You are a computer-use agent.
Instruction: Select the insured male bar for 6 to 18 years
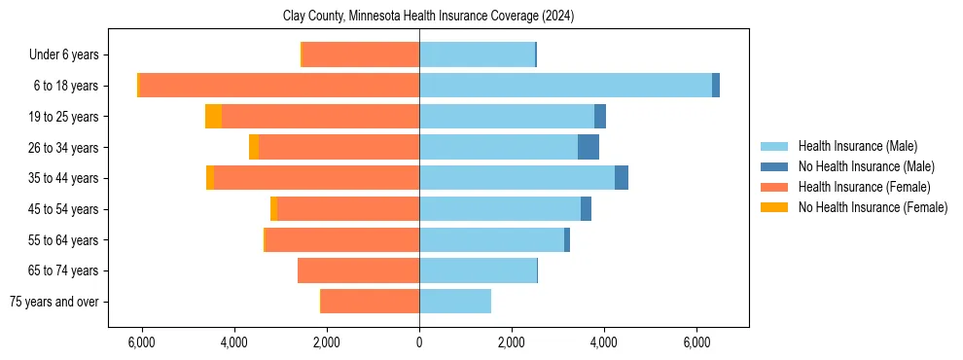[565, 86]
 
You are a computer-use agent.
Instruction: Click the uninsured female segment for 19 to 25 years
[213, 117]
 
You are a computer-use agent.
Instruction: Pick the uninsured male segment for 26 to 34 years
[588, 147]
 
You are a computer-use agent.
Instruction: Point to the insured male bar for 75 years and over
[455, 302]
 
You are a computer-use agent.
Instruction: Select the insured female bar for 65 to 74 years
[358, 270]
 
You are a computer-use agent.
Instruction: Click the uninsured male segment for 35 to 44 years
[622, 178]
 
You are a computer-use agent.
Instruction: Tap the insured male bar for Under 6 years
[477, 54]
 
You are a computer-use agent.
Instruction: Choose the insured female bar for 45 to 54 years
[348, 209]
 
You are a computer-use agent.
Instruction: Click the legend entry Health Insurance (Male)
[857, 146]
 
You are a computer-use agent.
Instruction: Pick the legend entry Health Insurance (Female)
[864, 187]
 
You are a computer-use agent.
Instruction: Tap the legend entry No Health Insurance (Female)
[873, 207]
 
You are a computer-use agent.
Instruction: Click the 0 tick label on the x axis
[419, 342]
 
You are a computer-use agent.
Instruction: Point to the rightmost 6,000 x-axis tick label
[696, 342]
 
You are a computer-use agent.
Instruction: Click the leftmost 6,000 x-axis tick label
[142, 342]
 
